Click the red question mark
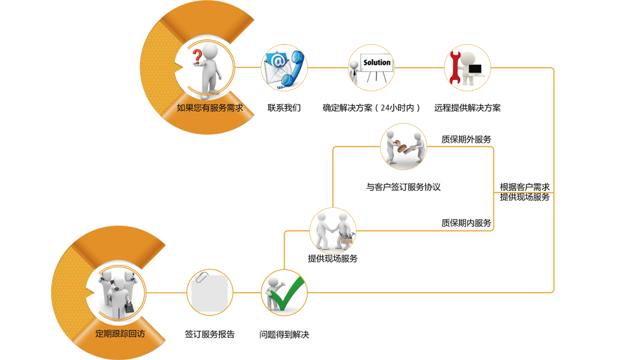(198, 58)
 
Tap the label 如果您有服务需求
(210, 107)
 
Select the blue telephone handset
(292, 70)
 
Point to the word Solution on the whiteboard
(377, 63)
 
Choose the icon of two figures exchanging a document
(403, 146)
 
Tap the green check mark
(289, 293)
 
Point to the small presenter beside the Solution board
(356, 74)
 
